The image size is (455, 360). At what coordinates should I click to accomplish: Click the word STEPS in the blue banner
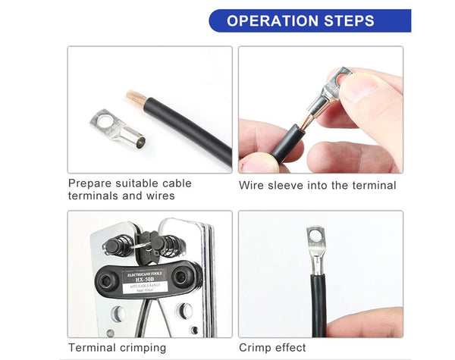click(353, 20)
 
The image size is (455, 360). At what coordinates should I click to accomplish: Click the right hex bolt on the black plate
click(181, 277)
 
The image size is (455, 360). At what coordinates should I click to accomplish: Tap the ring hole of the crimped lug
click(312, 235)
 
